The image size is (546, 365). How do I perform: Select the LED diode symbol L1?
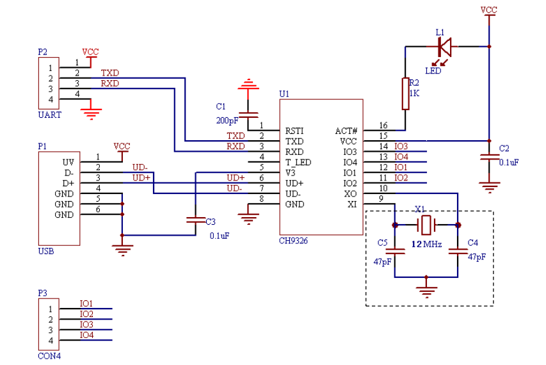click(444, 47)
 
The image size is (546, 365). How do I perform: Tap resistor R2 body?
click(405, 92)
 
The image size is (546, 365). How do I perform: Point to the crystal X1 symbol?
click(426, 225)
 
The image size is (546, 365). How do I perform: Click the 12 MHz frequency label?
click(426, 244)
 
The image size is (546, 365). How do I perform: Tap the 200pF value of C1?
click(227, 120)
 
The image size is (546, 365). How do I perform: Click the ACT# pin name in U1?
click(346, 131)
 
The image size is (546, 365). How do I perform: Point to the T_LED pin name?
click(298, 162)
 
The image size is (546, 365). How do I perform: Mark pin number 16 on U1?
click(383, 126)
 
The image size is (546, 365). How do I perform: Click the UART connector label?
click(49, 115)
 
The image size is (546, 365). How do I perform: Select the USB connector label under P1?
click(46, 251)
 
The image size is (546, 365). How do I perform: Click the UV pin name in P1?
click(68, 162)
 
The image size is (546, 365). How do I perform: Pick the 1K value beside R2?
click(415, 93)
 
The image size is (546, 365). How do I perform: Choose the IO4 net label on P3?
click(86, 334)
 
